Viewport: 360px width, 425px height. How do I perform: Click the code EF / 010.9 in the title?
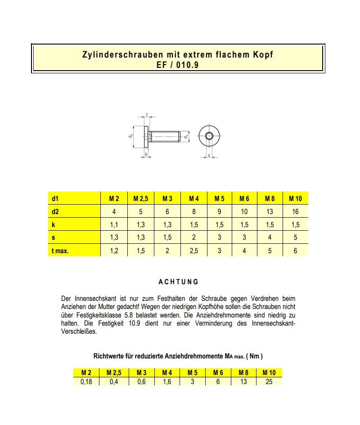point(178,64)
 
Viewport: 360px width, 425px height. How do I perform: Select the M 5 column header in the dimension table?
point(220,198)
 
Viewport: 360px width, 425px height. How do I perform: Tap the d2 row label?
point(56,211)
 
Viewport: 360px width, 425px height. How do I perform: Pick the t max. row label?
point(60,251)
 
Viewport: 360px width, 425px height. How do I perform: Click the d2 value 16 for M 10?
point(295,211)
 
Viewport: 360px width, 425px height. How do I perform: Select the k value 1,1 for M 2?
point(114,225)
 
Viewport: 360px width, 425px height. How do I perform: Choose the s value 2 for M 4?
point(194,238)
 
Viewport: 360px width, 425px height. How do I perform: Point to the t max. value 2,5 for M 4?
point(194,251)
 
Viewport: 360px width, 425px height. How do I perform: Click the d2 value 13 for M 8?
point(270,211)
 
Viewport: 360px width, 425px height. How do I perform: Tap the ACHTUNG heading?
point(178,282)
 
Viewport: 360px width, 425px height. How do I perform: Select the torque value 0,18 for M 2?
point(86,381)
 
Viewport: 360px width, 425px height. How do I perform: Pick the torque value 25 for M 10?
point(269,381)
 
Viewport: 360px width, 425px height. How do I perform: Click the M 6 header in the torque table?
point(218,372)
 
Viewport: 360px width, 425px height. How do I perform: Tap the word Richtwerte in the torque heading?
point(108,356)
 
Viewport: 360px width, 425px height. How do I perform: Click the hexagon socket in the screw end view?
point(209,136)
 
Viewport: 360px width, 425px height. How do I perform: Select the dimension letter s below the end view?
point(209,156)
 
